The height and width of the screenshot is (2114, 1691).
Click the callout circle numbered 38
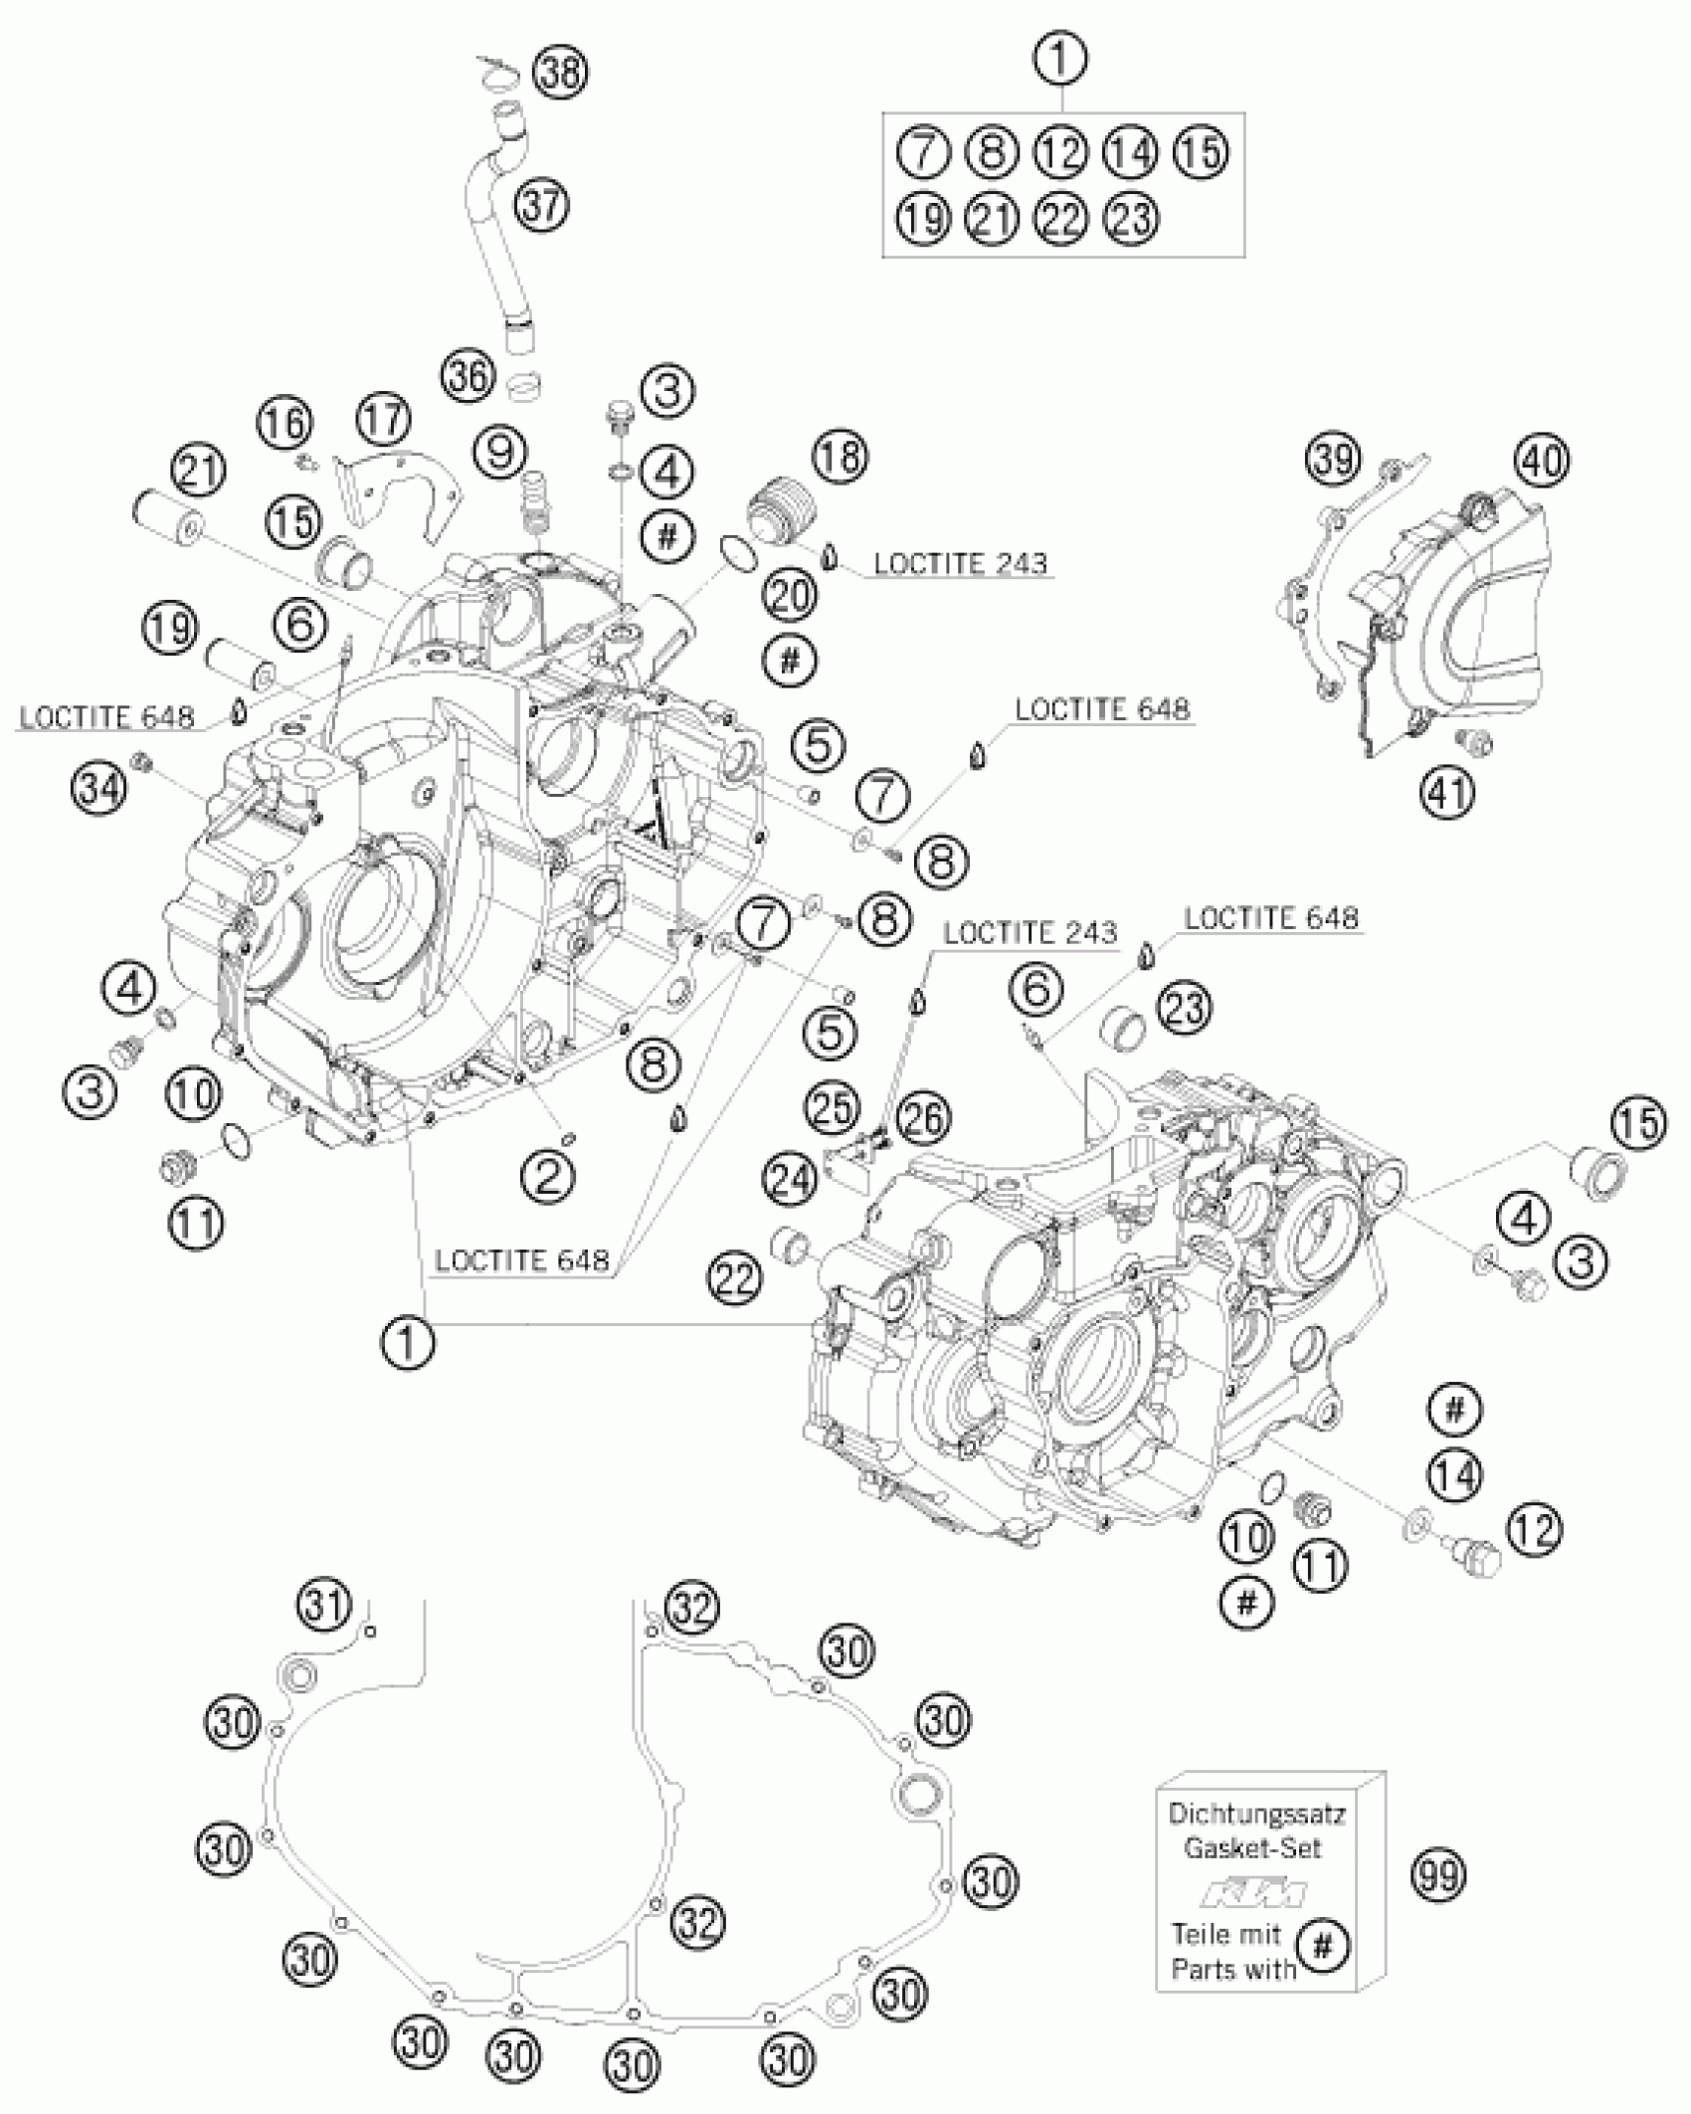560,75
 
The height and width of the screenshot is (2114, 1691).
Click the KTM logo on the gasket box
1254,1893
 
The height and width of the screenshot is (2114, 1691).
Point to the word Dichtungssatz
1257,1814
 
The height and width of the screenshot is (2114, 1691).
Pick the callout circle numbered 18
841,457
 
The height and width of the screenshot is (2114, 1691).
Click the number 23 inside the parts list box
1132,218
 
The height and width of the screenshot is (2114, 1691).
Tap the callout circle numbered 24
790,1180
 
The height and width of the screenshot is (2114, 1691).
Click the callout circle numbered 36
469,377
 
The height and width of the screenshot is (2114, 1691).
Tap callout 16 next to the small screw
285,424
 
